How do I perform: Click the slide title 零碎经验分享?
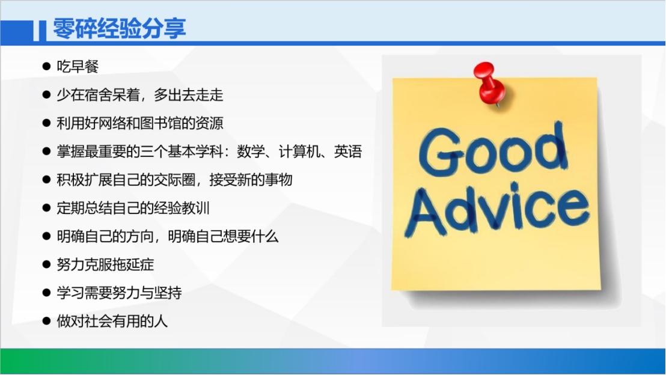coord(120,29)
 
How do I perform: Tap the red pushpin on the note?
coord(490,84)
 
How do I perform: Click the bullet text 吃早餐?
coord(78,66)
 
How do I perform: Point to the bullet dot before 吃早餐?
coord(47,66)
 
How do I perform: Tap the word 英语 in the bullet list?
coord(348,151)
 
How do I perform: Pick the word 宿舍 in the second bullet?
coord(99,95)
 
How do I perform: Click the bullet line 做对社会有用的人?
coord(112,321)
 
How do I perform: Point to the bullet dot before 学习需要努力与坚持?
coord(47,293)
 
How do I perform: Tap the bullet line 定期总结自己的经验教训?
coord(133,208)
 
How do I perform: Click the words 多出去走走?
coord(189,95)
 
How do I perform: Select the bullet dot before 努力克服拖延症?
coord(47,264)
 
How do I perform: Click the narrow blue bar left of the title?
coord(43,31)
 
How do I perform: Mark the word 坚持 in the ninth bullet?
coord(168,293)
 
